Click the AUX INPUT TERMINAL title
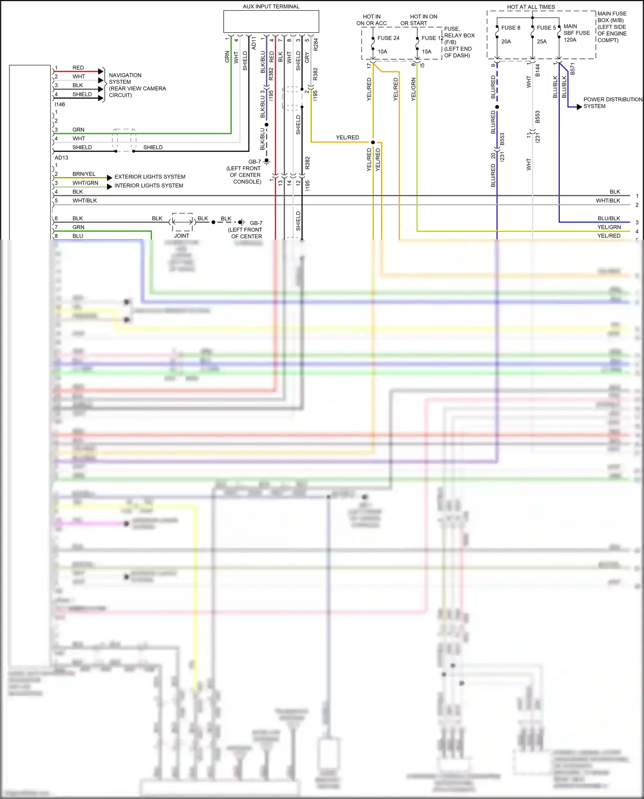coord(271,6)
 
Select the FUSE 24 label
coord(388,38)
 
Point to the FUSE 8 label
coord(510,28)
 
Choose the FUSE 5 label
coord(546,28)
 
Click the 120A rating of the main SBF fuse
coord(570,40)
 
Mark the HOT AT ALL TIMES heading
coord(531,7)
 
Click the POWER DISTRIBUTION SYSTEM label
coord(613,103)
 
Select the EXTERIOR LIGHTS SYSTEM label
coord(150,177)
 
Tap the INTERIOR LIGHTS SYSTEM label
coord(149,185)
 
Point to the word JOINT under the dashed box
coord(182,236)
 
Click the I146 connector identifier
coord(60,104)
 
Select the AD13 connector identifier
coord(61,158)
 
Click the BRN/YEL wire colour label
coord(84,174)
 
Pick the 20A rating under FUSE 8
coord(506,42)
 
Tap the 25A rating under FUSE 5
coord(542,42)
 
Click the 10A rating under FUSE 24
coord(383,52)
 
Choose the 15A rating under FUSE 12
coord(426,52)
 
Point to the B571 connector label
coord(572,69)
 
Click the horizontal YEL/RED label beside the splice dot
coord(347,137)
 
